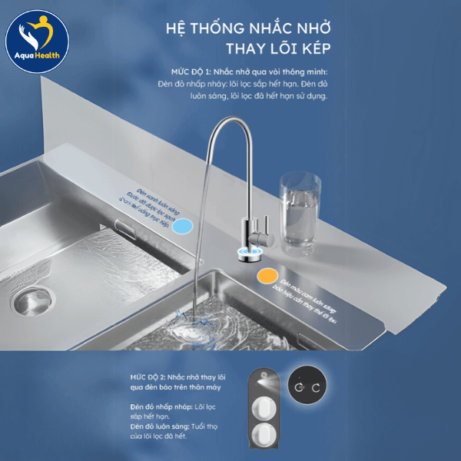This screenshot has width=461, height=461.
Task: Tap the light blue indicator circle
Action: coord(182,226)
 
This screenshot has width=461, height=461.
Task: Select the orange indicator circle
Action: coord(267,274)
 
